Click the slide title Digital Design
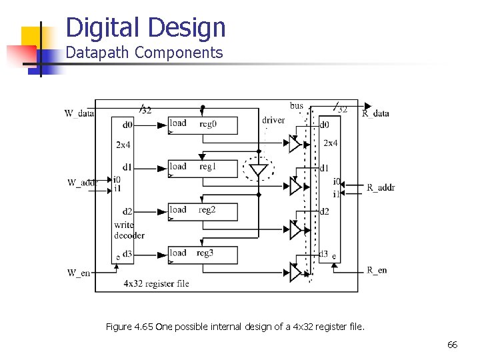click(x=146, y=27)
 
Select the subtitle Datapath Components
click(x=144, y=53)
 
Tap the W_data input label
click(x=79, y=113)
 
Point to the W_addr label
click(x=82, y=183)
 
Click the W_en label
click(x=79, y=272)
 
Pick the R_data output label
click(x=375, y=113)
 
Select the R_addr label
click(x=381, y=187)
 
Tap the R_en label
click(x=377, y=270)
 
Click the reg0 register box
click(x=202, y=125)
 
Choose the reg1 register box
click(x=202, y=168)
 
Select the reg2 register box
click(x=202, y=211)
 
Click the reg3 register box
click(x=202, y=255)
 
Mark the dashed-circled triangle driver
click(x=257, y=169)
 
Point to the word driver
click(x=273, y=120)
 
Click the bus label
click(x=297, y=105)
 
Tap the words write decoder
click(x=129, y=230)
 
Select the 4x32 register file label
click(x=156, y=283)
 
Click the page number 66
click(x=452, y=345)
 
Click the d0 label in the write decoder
click(x=127, y=125)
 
